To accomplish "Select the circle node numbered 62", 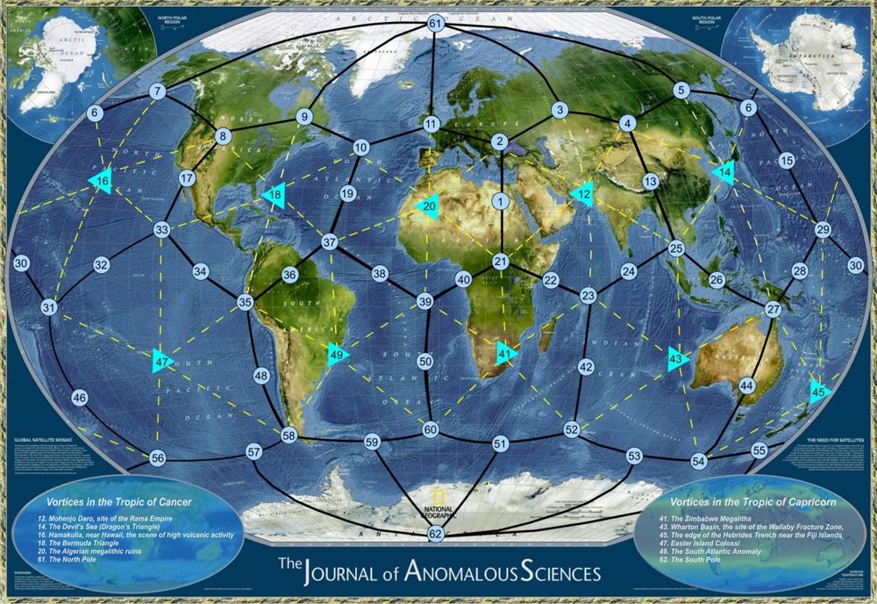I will click(x=435, y=533).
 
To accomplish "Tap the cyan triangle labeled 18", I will click(x=275, y=195).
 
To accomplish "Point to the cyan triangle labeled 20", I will click(x=427, y=206).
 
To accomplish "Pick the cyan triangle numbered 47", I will click(x=160, y=361).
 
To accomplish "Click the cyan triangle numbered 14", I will click(x=724, y=173).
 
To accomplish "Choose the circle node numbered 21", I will click(x=501, y=261).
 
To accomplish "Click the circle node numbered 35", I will click(x=246, y=302).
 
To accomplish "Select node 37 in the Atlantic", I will click(x=330, y=241).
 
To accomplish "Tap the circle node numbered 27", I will click(x=773, y=309).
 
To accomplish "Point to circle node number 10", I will click(x=360, y=147).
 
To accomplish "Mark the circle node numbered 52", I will click(x=572, y=429).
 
